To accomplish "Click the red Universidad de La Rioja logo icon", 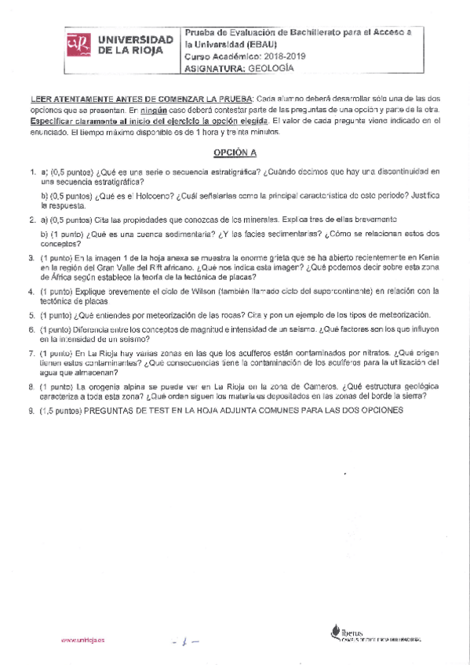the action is (76, 45).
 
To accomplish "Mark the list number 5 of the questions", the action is (31, 315).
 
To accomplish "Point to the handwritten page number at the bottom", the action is (187, 640).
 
